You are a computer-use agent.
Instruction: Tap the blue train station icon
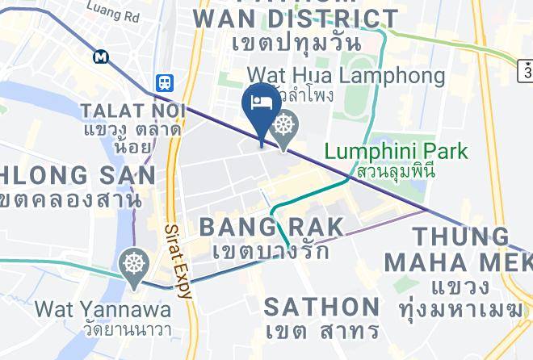pos(165,82)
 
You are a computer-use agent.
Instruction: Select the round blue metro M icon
pos(101,57)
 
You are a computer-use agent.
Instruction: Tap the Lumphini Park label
pos(396,151)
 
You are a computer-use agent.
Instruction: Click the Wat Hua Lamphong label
pos(346,77)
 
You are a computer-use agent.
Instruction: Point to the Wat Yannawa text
pos(103,309)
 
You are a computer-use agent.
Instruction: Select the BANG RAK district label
pos(271,227)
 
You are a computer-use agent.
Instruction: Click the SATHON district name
pos(322,307)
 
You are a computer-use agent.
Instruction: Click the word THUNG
pos(460,237)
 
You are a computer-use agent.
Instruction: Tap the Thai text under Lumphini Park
pos(396,171)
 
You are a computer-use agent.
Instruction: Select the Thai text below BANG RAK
pos(271,251)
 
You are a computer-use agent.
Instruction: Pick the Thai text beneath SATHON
pos(322,331)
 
